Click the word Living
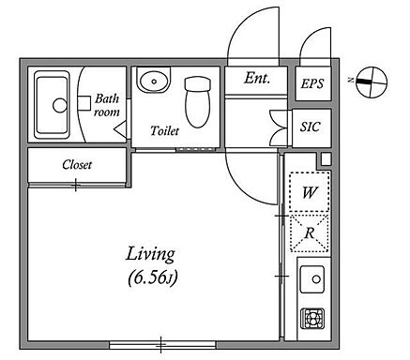[x=150, y=255]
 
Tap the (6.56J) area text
[x=153, y=277]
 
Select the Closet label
[x=77, y=165]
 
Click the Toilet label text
[x=164, y=130]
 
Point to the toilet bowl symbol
[x=197, y=102]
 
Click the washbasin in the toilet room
[x=154, y=81]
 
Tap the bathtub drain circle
[x=60, y=105]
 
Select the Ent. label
[x=257, y=78]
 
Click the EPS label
[x=311, y=83]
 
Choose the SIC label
[x=311, y=127]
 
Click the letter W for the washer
[x=310, y=192]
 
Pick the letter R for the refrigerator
[x=310, y=233]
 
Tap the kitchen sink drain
[x=316, y=279]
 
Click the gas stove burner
[x=312, y=319]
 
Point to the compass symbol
[x=372, y=82]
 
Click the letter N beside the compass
[x=351, y=81]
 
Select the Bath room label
[x=107, y=105]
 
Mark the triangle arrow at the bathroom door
[x=120, y=128]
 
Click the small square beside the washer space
[x=326, y=159]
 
